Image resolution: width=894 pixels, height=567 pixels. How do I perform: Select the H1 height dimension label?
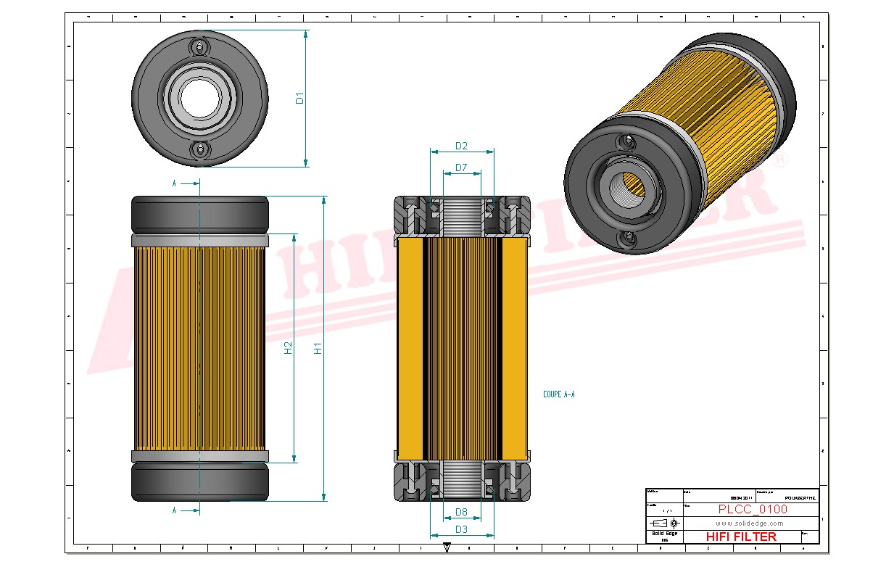pyautogui.click(x=318, y=348)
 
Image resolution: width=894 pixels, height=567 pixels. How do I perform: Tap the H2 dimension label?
pyautogui.click(x=288, y=348)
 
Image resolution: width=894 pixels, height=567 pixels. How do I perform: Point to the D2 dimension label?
pyautogui.click(x=461, y=146)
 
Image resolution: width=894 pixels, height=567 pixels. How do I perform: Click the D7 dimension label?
pyautogui.click(x=461, y=168)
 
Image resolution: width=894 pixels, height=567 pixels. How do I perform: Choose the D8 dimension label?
pyautogui.click(x=461, y=513)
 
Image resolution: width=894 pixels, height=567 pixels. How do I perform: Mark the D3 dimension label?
pyautogui.click(x=461, y=529)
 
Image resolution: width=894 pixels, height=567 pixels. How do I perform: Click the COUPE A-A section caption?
pyautogui.click(x=558, y=395)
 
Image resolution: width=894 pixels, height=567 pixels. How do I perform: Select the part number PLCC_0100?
pyautogui.click(x=753, y=509)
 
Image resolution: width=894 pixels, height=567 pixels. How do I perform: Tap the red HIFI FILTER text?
pyautogui.click(x=740, y=537)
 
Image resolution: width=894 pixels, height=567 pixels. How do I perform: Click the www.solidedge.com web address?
pyautogui.click(x=749, y=523)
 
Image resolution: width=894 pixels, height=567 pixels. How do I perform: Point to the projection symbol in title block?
pyautogui.click(x=664, y=523)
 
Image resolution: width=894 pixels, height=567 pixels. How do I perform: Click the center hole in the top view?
pyautogui.click(x=200, y=98)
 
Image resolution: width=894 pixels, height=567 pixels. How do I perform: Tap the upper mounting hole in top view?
pyautogui.click(x=200, y=47)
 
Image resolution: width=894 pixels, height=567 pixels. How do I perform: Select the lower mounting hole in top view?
pyautogui.click(x=200, y=149)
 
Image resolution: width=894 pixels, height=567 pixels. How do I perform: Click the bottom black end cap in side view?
pyautogui.click(x=199, y=482)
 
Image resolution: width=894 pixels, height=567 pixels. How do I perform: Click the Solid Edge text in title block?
pyautogui.click(x=664, y=534)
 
